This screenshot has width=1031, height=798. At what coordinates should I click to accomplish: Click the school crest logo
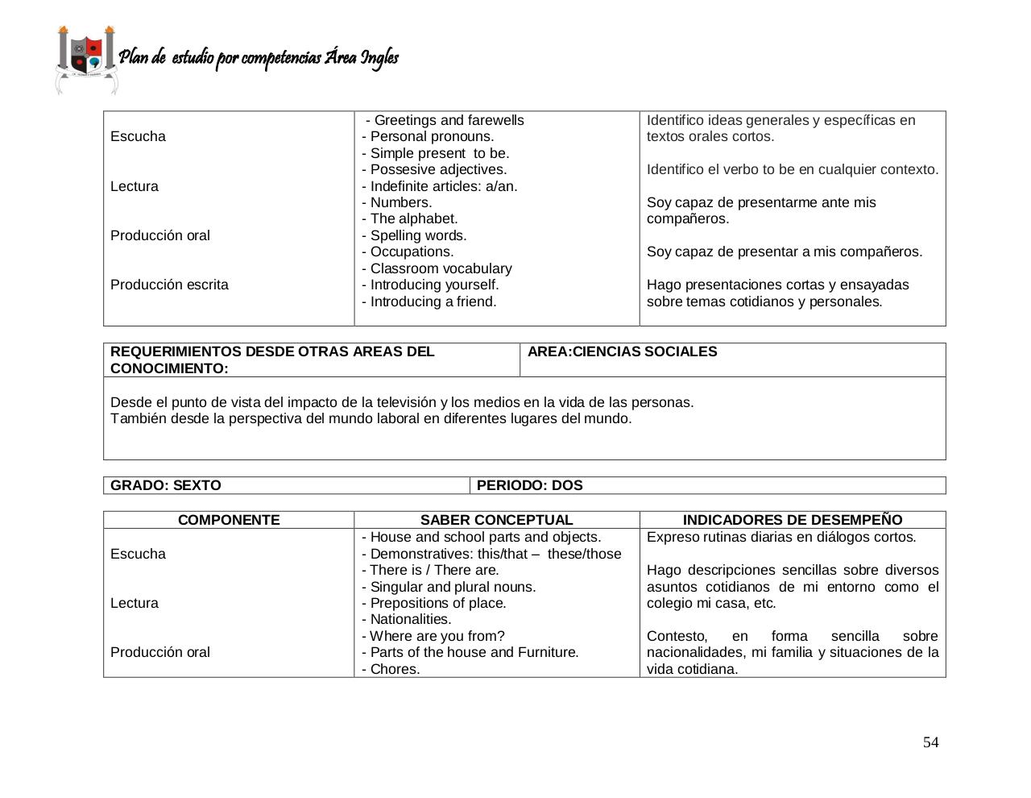coord(86,59)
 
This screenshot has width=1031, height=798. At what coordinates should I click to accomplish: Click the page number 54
coord(930,742)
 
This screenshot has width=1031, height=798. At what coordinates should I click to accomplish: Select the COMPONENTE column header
coord(229,520)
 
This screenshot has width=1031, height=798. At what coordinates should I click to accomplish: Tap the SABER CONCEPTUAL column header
coord(496,520)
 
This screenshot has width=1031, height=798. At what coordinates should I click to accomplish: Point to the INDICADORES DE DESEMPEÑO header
coord(793,520)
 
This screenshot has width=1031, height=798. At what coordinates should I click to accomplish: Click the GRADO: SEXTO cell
coord(166,485)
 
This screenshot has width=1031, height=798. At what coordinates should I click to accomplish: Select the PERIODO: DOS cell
coord(530,485)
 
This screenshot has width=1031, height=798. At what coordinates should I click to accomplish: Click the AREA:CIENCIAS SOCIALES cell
coord(622,351)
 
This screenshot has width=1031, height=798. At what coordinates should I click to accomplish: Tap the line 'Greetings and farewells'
coord(449,120)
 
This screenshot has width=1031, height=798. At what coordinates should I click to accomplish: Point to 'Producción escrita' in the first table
coord(169,285)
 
